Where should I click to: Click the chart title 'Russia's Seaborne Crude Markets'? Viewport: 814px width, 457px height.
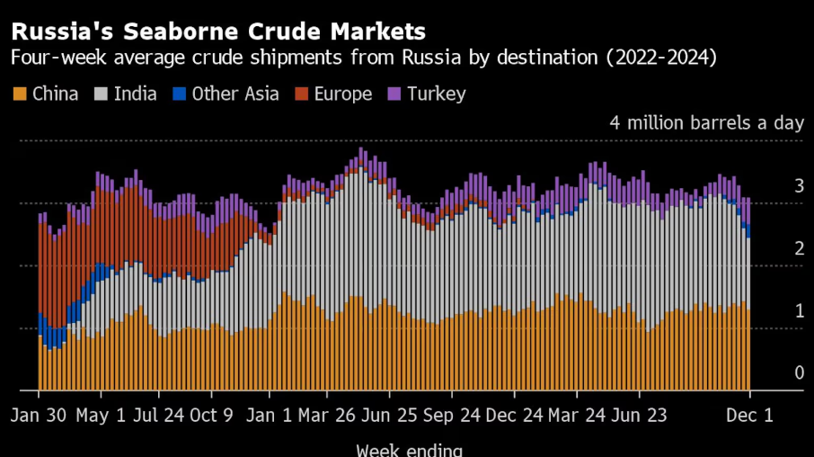218,32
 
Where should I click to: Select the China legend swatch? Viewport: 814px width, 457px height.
19,94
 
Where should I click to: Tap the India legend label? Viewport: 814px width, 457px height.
135,94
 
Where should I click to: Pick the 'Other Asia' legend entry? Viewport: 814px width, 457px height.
235,94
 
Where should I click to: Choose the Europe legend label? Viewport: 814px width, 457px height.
343,94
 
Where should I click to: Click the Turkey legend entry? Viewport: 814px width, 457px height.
437,94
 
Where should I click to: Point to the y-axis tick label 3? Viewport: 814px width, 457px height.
799,186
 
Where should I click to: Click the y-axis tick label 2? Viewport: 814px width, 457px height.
799,248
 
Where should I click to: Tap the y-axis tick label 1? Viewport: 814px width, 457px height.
799,310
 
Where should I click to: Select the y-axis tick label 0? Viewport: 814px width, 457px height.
799,372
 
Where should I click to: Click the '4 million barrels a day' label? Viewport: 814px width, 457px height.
705,122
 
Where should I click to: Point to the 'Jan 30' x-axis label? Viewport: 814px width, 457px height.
40,417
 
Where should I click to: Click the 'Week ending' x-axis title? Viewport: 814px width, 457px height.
410,450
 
